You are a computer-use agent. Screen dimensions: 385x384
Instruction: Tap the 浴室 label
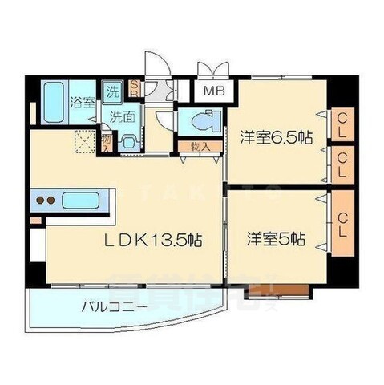coord(82,103)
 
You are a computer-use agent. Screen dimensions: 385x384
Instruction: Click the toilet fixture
coord(200,123)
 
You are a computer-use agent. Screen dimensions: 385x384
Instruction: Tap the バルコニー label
coord(114,306)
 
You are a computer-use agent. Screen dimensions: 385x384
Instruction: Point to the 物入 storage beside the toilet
coord(200,147)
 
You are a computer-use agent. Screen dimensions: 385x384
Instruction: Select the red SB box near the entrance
coord(134,89)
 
